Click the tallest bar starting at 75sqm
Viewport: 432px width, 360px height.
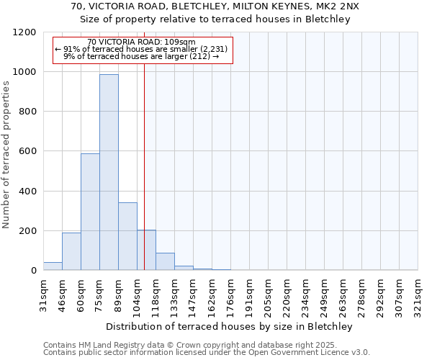[x=109, y=173]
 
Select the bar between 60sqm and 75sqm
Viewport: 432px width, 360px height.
[x=90, y=212]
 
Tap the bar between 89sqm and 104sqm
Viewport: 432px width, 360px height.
[x=127, y=236]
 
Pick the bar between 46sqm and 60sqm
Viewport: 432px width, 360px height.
[x=71, y=251]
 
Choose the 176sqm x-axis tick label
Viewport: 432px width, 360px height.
[x=231, y=295]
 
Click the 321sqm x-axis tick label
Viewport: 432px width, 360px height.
[x=418, y=295]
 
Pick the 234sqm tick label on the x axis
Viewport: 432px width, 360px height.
[x=306, y=295]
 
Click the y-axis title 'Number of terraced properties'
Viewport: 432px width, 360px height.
[x=6, y=155]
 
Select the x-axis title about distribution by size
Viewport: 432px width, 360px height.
[x=230, y=326]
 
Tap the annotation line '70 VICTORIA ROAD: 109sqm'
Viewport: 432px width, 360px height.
[x=140, y=42]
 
